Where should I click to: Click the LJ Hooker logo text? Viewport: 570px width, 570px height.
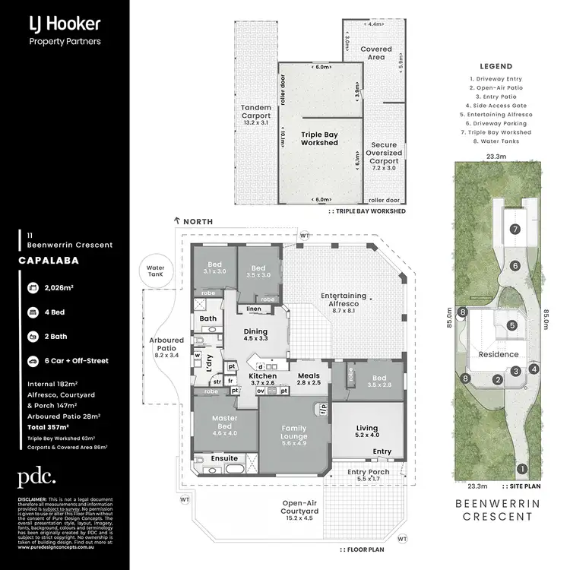coord(64,23)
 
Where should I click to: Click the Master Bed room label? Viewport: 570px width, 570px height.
coord(224,422)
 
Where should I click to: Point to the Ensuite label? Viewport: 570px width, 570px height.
coord(224,458)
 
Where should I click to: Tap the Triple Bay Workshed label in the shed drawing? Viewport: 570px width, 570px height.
coord(319,138)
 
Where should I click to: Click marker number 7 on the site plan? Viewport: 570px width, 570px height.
coord(515,229)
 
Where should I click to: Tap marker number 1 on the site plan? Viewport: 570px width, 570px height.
coord(521,468)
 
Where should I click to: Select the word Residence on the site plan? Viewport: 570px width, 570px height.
coord(498,354)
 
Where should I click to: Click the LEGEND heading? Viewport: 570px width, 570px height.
coord(496,67)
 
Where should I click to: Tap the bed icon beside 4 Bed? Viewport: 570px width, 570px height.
coord(33,312)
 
